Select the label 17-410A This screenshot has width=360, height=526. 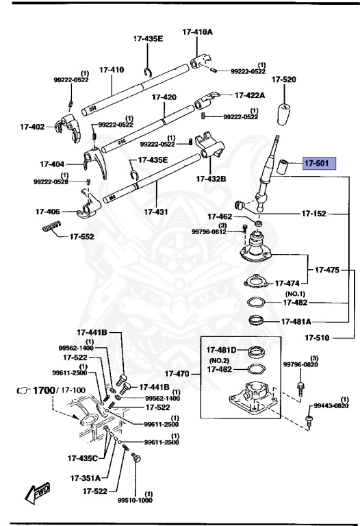point(198,32)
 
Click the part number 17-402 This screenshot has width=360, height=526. point(32,127)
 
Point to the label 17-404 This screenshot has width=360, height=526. point(52,164)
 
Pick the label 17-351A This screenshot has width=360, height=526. point(84,477)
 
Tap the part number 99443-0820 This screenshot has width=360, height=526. point(332,406)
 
